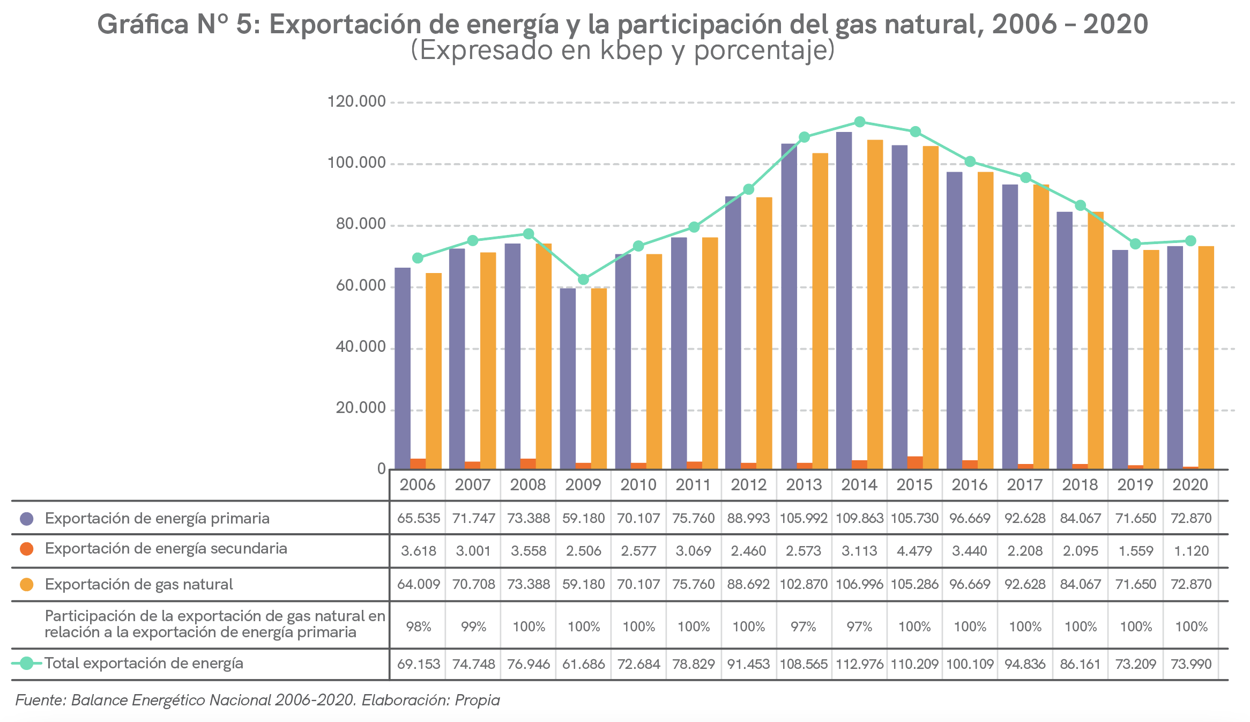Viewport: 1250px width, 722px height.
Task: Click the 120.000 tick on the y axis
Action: [356, 101]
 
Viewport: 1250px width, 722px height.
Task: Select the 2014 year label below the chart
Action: [859, 485]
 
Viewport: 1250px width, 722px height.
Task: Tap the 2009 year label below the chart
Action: [583, 485]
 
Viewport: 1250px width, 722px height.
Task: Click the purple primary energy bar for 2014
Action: [844, 300]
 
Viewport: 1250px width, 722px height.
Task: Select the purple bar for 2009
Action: [568, 379]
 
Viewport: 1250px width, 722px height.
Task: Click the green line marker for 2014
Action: [860, 122]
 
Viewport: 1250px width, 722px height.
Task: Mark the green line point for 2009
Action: [584, 279]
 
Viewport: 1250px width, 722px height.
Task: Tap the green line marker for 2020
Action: [1191, 241]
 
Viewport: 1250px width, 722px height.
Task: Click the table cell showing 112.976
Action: [859, 664]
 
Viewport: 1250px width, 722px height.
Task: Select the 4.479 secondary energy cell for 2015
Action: [914, 551]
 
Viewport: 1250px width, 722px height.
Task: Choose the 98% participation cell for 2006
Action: [419, 627]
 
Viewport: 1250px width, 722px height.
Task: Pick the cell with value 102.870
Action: [803, 584]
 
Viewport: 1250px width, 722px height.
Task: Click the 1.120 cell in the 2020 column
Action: [1191, 551]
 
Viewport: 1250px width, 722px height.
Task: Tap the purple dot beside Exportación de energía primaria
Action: [27, 519]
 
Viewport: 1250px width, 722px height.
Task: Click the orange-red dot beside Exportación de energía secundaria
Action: [27, 549]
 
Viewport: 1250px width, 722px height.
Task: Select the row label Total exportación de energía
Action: [144, 664]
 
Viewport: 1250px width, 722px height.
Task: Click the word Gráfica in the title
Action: [143, 25]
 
